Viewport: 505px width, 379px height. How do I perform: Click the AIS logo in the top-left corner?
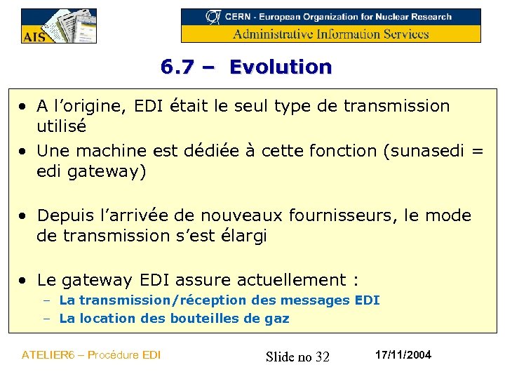click(x=58, y=27)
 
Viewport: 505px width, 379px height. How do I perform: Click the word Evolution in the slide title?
click(x=281, y=67)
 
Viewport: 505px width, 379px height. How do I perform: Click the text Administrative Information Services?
click(x=331, y=34)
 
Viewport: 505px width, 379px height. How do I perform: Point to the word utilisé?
click(x=62, y=127)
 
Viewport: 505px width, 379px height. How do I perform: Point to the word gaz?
click(x=276, y=319)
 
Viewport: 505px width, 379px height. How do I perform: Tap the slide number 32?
click(x=322, y=357)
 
